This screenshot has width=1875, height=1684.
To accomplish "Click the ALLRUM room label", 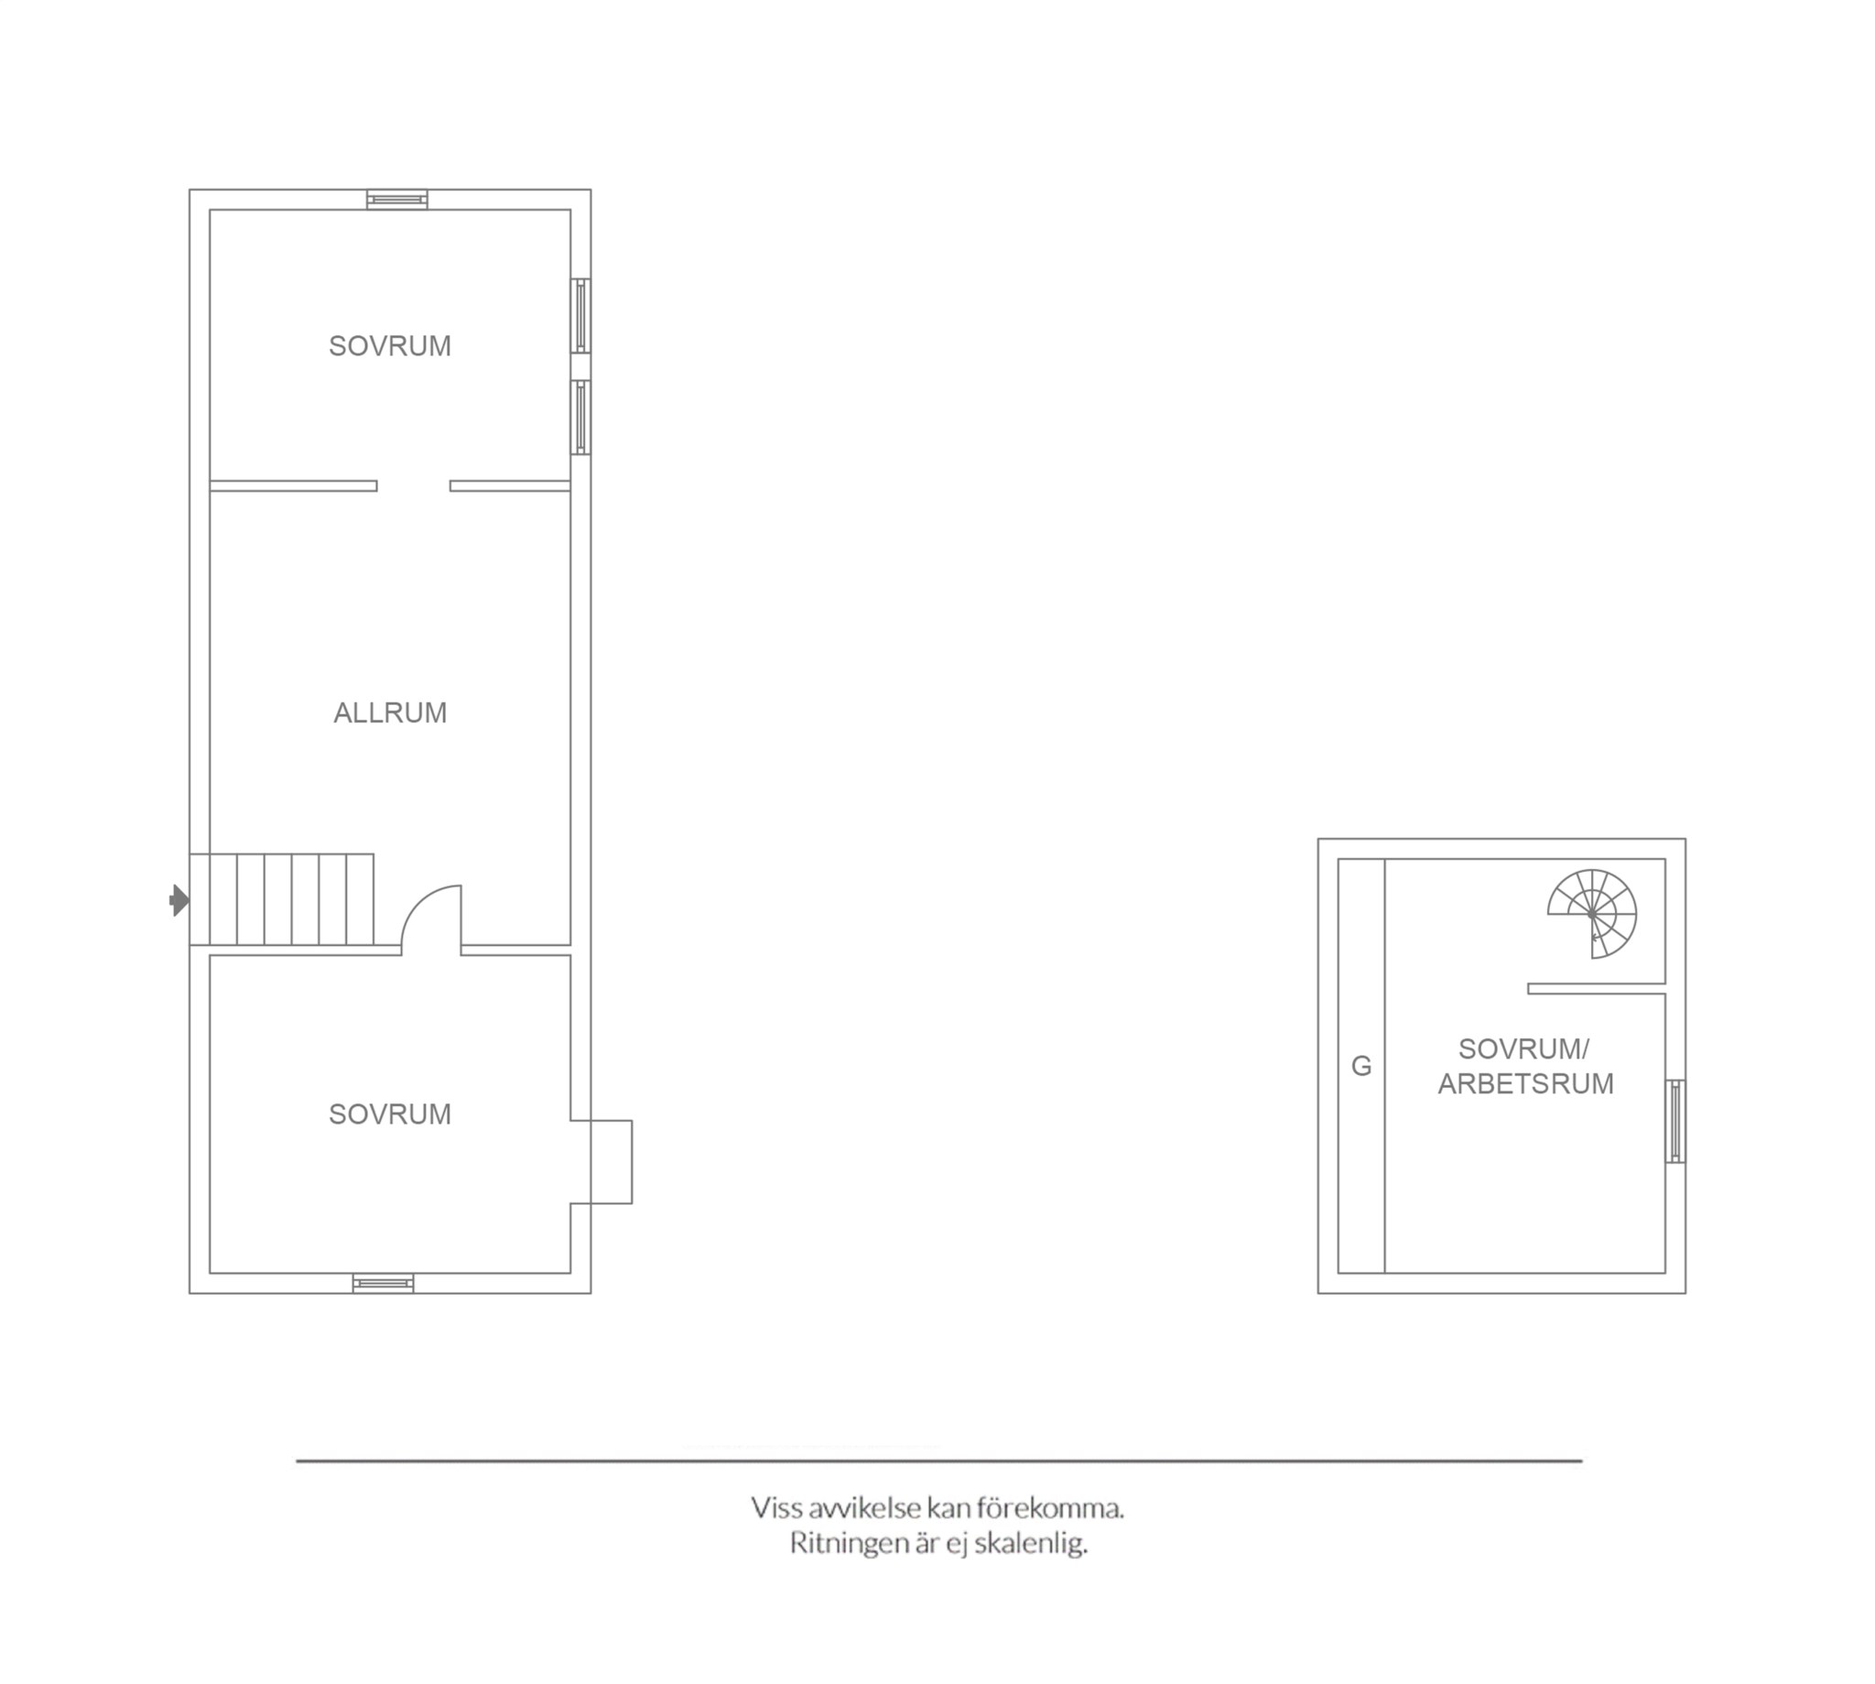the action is [x=389, y=712].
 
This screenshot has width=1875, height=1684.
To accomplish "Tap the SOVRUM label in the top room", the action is [x=389, y=346].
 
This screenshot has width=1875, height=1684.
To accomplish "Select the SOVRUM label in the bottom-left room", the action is [x=389, y=1114].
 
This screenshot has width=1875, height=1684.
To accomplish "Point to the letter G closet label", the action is [x=1360, y=1066].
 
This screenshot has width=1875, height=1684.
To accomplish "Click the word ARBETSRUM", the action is [x=1525, y=1083].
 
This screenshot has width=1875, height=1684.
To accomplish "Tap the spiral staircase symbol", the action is [x=1592, y=913].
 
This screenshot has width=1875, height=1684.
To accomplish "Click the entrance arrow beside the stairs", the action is [x=179, y=900].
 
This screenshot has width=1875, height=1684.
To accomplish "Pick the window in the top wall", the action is [x=396, y=200].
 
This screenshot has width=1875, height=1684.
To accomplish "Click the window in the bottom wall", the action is [x=383, y=1283].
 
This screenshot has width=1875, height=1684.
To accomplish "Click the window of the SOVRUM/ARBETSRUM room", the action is [x=1675, y=1122].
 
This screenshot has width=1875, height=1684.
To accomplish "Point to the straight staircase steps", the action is [x=282, y=899].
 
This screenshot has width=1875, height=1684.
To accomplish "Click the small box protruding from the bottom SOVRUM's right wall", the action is [x=602, y=1162].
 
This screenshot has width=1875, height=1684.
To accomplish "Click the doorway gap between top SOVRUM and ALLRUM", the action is [x=414, y=485].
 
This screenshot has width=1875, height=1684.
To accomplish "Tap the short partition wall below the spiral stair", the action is [x=1597, y=988].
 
